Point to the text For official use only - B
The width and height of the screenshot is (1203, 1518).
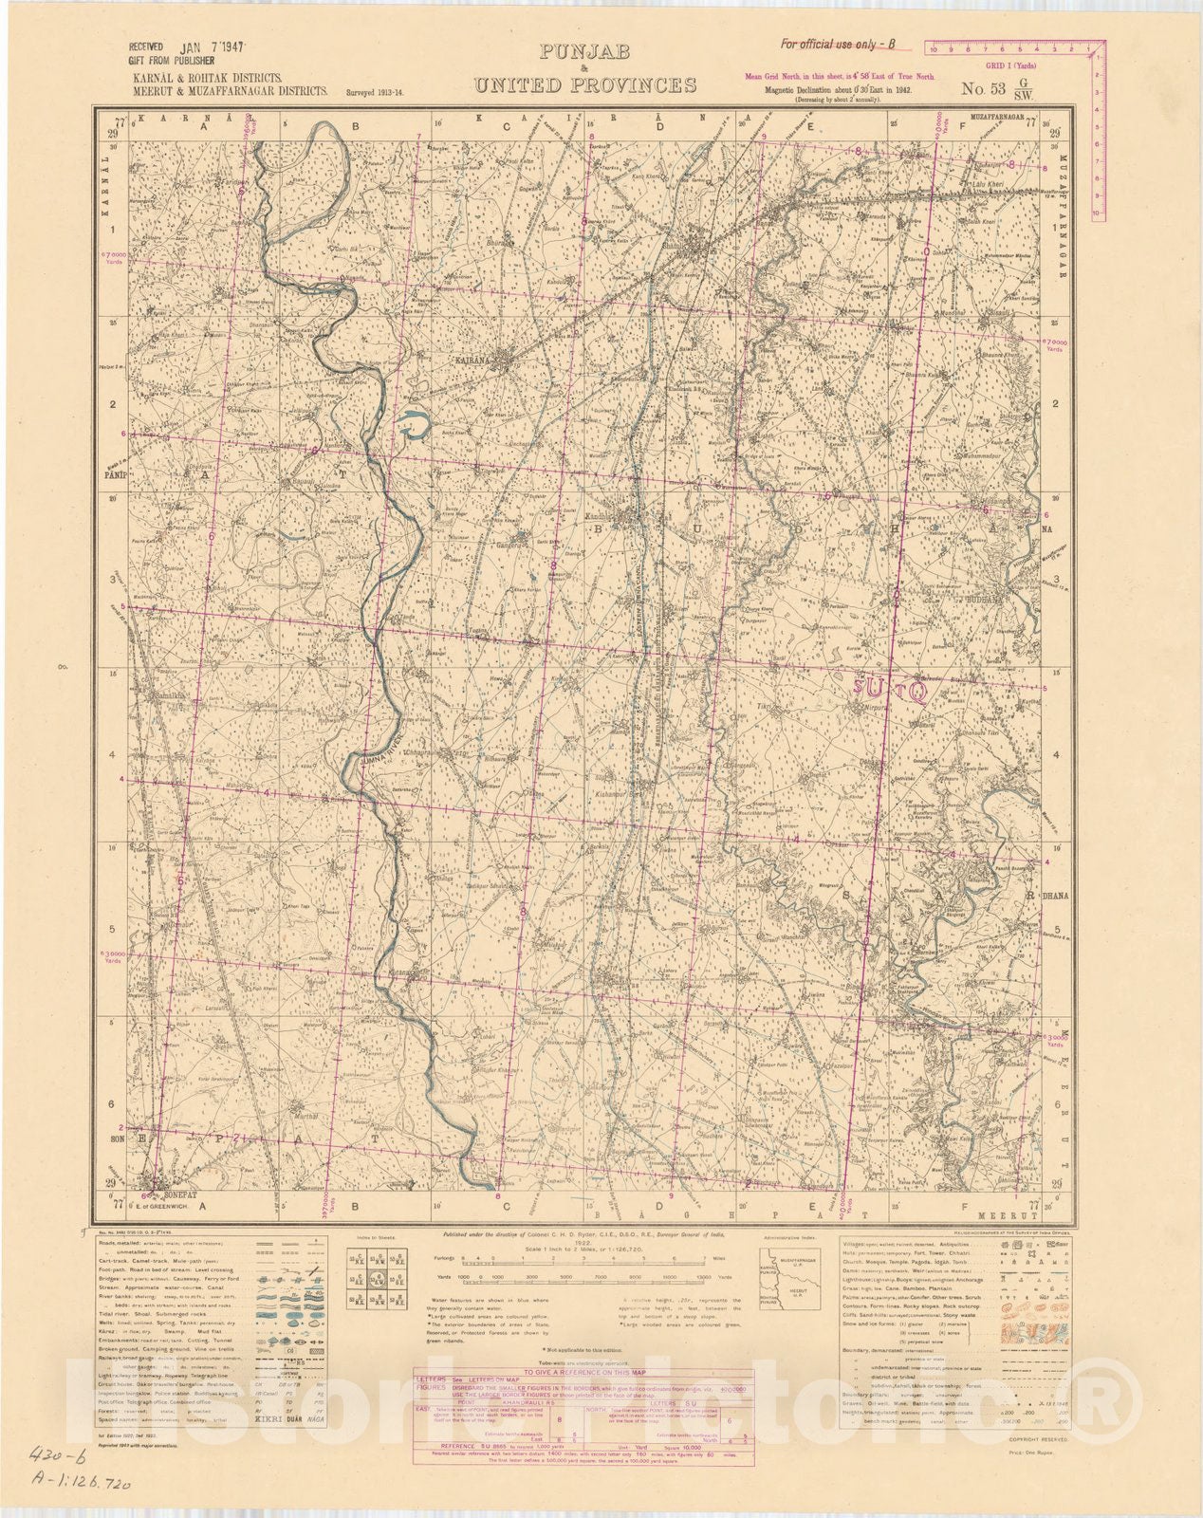(x=837, y=44)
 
